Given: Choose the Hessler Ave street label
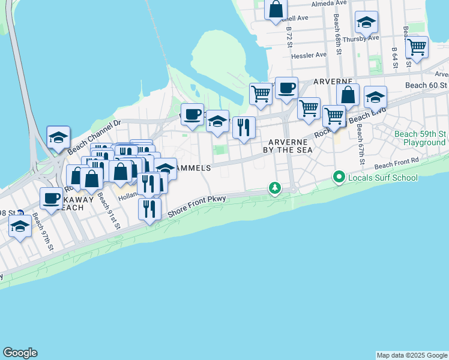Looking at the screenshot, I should click(x=309, y=55).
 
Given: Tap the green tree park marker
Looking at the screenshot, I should click(x=275, y=188).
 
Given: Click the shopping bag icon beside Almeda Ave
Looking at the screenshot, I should click(x=276, y=10).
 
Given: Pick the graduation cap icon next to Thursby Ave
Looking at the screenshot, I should click(x=366, y=23).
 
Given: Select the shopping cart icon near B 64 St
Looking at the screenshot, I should click(x=416, y=47).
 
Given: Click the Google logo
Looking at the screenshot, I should click(x=20, y=353).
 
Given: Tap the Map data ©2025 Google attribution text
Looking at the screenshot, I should click(x=412, y=355).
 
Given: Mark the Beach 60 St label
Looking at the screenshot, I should click(x=426, y=85).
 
